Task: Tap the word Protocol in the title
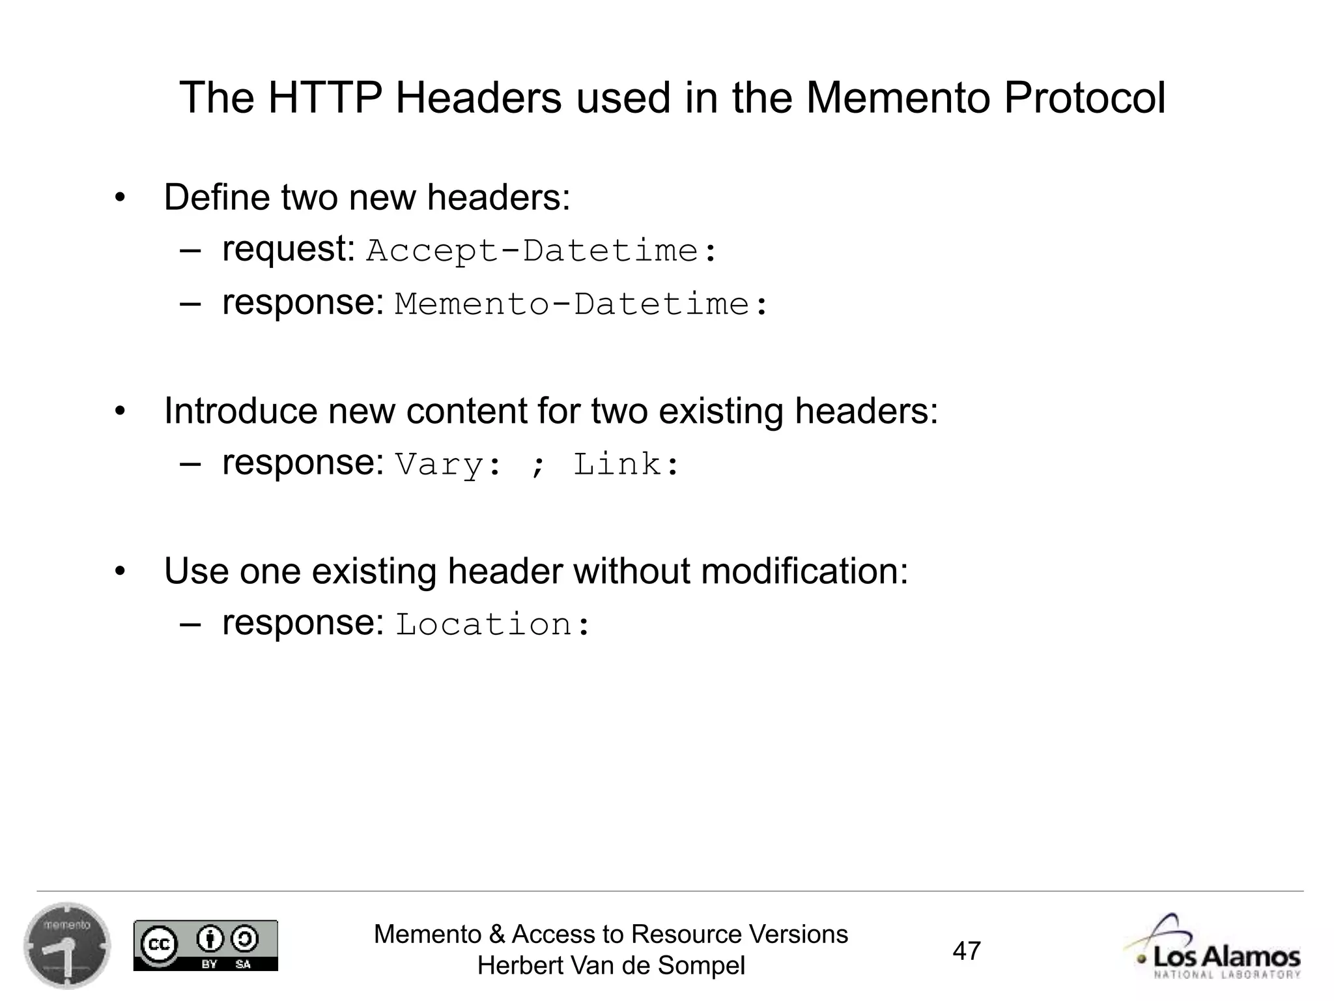tap(1084, 98)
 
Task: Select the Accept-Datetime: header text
tap(541, 251)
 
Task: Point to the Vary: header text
tap(449, 465)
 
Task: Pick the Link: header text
tap(626, 465)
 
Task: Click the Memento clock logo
tap(67, 946)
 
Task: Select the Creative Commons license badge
tap(206, 946)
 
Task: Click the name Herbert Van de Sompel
tap(611, 966)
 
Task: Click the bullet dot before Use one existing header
tap(119, 572)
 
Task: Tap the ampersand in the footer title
tap(496, 935)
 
